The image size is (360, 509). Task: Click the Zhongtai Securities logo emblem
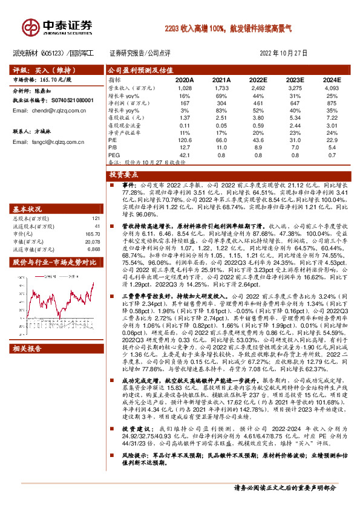tap(30, 27)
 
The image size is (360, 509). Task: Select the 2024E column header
tap(332, 80)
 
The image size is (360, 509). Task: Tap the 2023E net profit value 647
tap(295, 103)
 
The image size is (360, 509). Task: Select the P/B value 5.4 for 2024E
tap(332, 148)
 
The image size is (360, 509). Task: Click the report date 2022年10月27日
tap(284, 53)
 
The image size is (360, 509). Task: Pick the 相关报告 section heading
tap(28, 349)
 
